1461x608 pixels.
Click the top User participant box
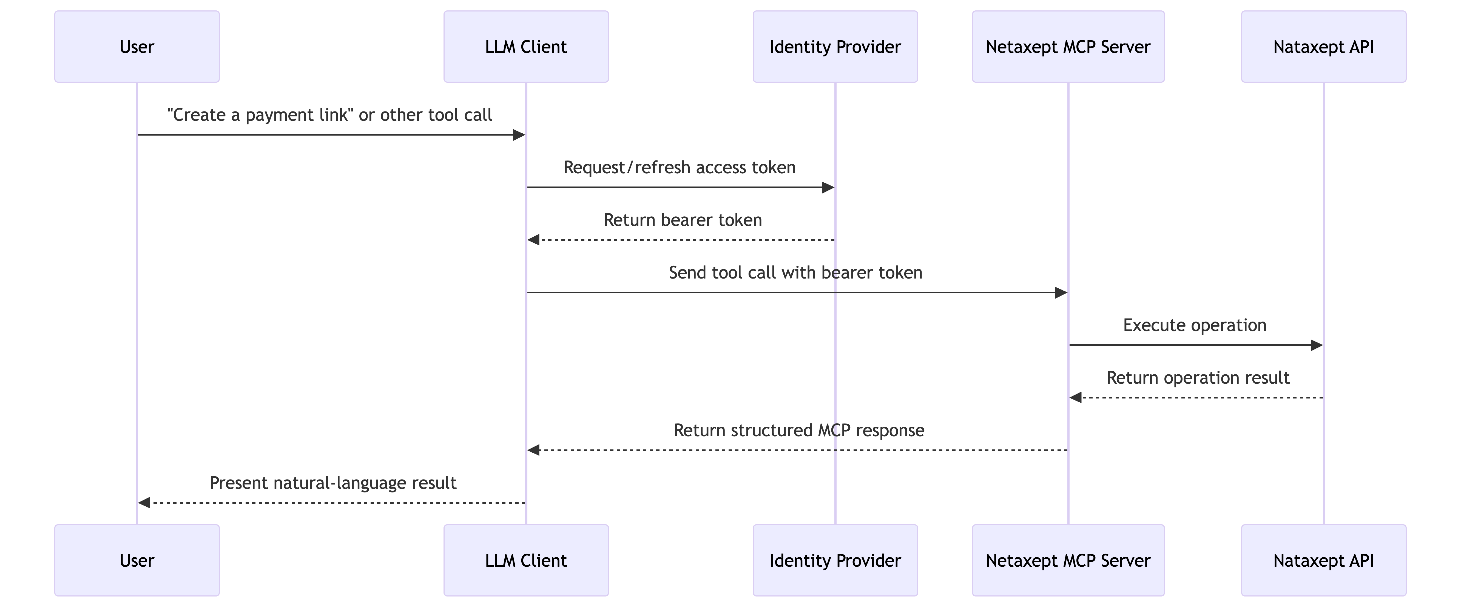point(137,47)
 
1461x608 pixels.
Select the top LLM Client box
point(526,47)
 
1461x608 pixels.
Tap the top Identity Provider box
point(835,47)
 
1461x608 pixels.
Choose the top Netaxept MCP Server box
point(1068,47)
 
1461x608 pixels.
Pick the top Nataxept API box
point(1323,47)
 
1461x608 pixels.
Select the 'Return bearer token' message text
point(682,220)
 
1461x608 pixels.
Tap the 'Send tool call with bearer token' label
point(795,273)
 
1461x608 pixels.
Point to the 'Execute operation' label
point(1195,325)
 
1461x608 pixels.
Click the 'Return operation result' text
point(1198,378)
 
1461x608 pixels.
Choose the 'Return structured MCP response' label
point(798,431)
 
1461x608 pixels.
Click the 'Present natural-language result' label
point(333,483)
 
